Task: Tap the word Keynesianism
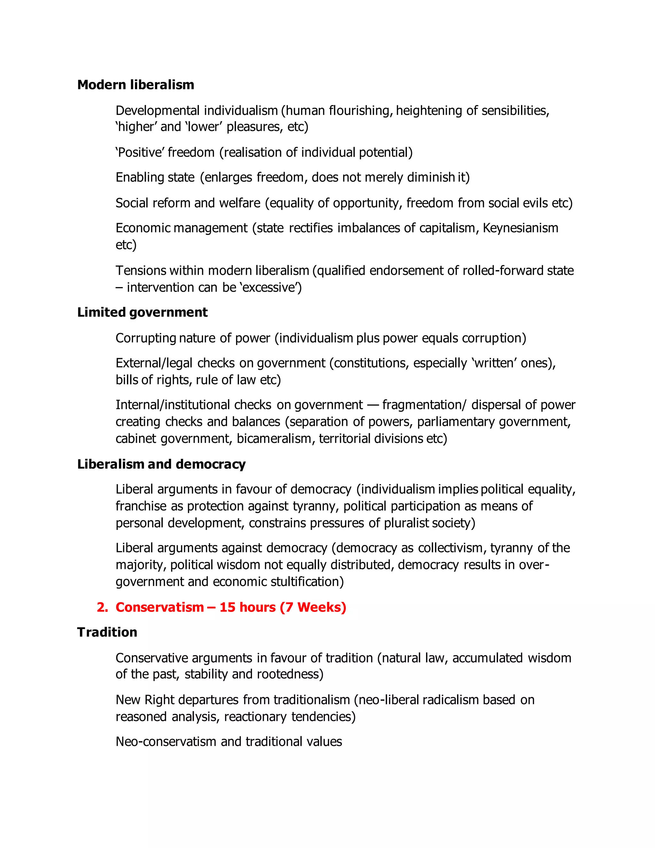coord(520,228)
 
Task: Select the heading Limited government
coord(142,312)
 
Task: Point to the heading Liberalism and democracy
coord(161,464)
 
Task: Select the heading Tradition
coord(107,632)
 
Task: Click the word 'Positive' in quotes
coord(140,152)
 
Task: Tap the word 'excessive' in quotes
coord(271,287)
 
